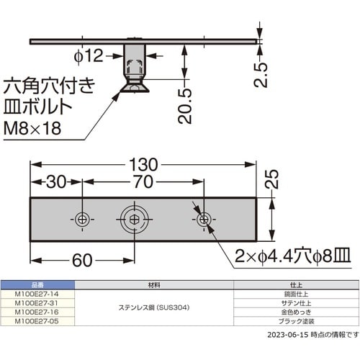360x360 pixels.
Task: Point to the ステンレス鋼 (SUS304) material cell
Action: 155,308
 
